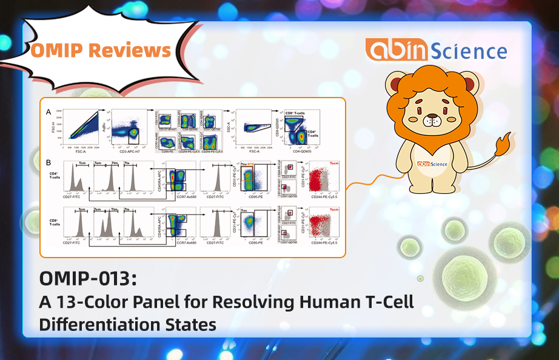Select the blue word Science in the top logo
(x=472, y=51)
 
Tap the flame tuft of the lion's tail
(x=503, y=144)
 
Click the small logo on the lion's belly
(x=431, y=163)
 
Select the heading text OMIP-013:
(x=88, y=279)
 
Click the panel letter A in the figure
(x=48, y=112)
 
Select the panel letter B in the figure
(x=48, y=162)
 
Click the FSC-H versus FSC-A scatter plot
(x=79, y=128)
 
